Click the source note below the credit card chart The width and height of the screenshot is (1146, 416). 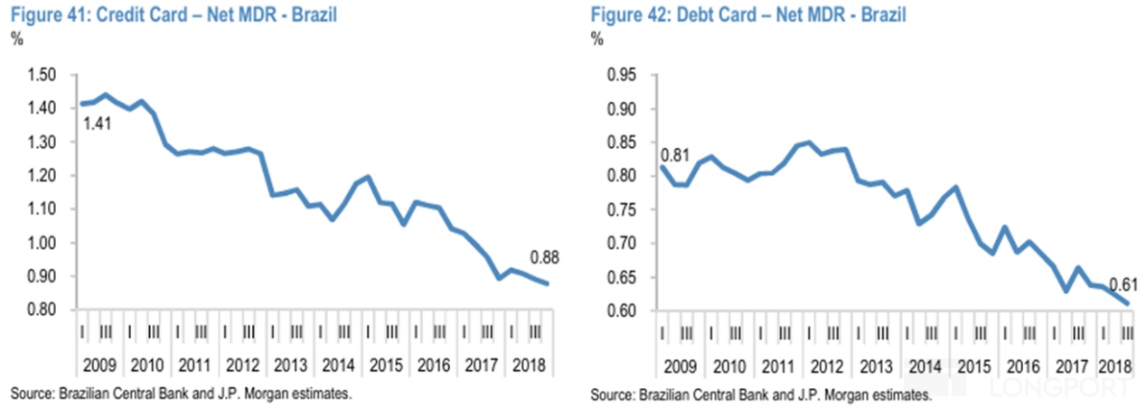181,394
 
